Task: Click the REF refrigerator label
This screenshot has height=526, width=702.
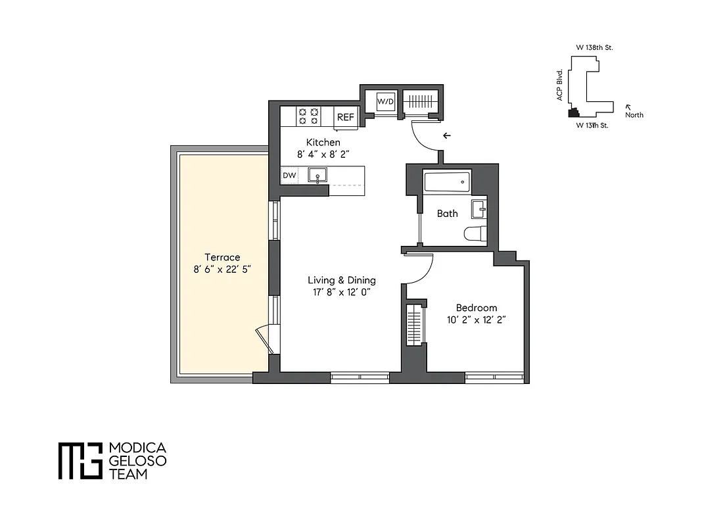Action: [x=346, y=117]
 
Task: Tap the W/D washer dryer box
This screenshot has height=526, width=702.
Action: [x=385, y=103]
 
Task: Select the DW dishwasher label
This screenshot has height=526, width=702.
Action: [x=289, y=176]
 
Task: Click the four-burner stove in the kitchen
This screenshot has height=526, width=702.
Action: [x=309, y=116]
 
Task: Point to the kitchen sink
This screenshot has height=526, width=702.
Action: [x=318, y=176]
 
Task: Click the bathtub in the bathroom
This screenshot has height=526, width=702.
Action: [x=447, y=181]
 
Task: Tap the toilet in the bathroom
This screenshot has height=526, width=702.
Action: [x=474, y=233]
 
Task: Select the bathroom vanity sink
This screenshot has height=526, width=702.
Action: [x=479, y=210]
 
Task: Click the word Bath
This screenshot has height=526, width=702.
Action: [x=448, y=214]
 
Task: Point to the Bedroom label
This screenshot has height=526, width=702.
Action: [x=477, y=308]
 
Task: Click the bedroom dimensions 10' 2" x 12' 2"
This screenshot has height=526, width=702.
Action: [x=477, y=320]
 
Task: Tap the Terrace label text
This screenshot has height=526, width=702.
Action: [x=222, y=257]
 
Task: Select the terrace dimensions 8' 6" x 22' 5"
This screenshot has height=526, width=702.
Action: [x=222, y=269]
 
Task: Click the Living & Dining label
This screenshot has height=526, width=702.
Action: [x=342, y=280]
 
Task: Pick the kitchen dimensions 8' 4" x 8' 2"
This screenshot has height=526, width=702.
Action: [x=323, y=155]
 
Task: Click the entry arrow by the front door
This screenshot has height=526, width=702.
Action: [x=447, y=136]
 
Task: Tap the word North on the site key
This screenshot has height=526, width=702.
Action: [x=634, y=115]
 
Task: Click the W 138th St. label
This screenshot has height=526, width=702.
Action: [x=594, y=47]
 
